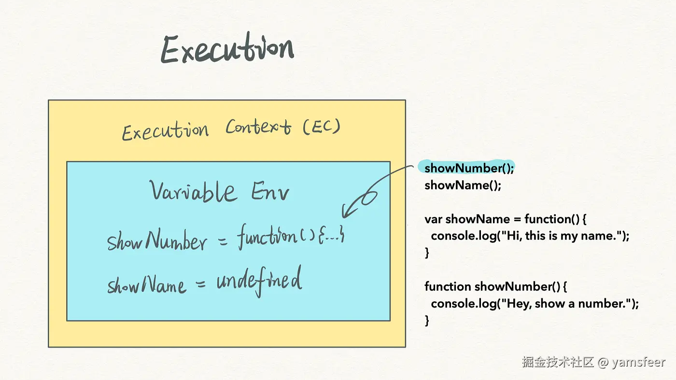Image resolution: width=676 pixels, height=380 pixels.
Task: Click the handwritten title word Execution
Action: [227, 48]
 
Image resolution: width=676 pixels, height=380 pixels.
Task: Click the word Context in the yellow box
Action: [258, 127]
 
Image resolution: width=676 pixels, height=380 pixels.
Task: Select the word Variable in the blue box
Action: [193, 191]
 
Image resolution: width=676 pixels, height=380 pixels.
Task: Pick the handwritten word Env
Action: [270, 191]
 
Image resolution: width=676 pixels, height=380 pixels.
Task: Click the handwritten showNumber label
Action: [157, 239]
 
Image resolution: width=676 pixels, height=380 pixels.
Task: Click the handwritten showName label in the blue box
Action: [147, 284]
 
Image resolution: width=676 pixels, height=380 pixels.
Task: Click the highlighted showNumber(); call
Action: [469, 168]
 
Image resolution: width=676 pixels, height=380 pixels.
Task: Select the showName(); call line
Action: [463, 185]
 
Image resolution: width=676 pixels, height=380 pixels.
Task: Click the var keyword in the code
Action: [433, 219]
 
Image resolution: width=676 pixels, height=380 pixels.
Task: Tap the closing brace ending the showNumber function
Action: [427, 321]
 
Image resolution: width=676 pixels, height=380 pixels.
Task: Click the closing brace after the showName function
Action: [427, 253]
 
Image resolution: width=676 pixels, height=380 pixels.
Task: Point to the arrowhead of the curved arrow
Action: [344, 215]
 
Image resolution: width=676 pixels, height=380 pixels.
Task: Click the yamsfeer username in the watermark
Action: [638, 362]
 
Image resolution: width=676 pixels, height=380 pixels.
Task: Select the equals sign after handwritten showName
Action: [200, 284]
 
